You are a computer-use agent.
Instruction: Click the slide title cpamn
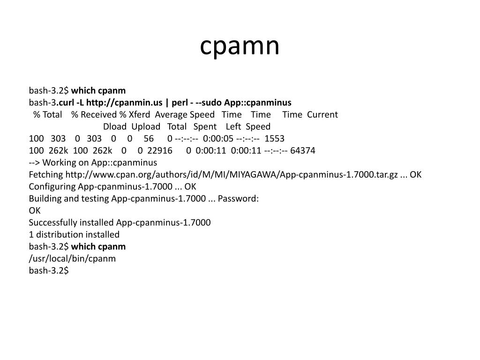(x=240, y=46)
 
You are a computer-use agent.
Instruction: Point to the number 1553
(x=274, y=139)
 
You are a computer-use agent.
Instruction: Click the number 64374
(x=303, y=150)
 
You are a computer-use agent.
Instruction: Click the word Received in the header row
(x=98, y=115)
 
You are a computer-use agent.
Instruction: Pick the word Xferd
(x=139, y=115)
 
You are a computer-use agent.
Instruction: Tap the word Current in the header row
(x=322, y=115)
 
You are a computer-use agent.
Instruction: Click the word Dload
(x=115, y=127)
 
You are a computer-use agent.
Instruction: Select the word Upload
(x=146, y=127)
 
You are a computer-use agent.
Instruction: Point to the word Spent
(x=205, y=127)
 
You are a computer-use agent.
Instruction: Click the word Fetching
(x=46, y=174)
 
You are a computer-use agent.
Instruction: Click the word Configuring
(x=52, y=187)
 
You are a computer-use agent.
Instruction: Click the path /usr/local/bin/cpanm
(x=72, y=259)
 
